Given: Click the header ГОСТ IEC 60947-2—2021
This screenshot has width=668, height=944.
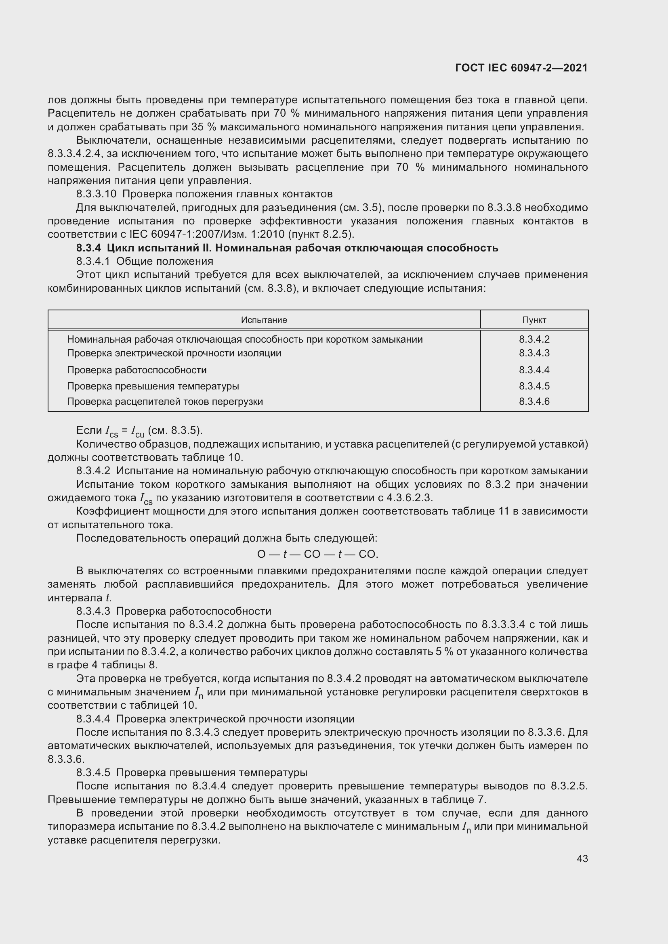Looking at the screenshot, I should (x=521, y=68).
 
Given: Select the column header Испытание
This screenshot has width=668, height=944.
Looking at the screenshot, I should (x=264, y=320).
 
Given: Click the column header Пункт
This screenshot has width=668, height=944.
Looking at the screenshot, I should (x=534, y=320).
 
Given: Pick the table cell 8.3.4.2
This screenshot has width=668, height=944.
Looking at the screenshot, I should (x=534, y=339).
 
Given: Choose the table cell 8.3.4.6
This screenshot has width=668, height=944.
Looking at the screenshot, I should (x=534, y=401).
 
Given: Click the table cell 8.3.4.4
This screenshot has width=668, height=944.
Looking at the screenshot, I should (x=534, y=370).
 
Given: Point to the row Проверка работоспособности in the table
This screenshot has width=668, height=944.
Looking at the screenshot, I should (x=137, y=370).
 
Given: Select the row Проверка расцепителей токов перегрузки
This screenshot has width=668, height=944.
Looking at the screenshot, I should (x=164, y=401).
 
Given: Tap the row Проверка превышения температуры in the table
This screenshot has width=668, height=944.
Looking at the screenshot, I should (x=153, y=386).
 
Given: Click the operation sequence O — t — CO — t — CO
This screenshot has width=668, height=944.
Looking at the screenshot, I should (x=317, y=554).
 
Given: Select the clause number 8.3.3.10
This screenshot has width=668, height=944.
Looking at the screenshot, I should (x=96, y=194).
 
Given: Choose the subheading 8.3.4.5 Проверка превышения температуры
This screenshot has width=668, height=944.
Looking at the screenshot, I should (x=191, y=772).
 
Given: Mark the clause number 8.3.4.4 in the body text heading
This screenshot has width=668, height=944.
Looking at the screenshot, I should (x=93, y=719).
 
